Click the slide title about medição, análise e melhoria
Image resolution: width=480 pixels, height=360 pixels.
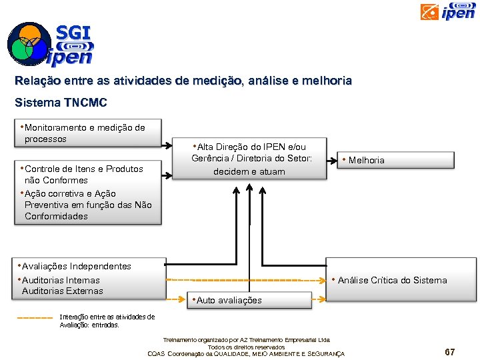183,81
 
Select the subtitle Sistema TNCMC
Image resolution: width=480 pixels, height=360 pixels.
61,103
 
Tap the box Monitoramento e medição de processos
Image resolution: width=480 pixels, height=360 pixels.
88,133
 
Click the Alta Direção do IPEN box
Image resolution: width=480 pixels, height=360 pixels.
249,159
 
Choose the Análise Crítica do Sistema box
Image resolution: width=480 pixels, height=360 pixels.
400,280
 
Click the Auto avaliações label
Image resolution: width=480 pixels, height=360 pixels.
229,301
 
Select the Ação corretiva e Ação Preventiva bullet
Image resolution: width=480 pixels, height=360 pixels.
87,205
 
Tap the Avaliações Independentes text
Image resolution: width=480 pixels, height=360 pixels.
76,266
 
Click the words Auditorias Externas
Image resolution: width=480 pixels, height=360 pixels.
63,291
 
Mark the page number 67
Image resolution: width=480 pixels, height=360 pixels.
450,351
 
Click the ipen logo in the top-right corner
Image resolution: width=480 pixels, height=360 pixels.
448,11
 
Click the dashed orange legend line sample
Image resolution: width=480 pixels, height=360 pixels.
33,317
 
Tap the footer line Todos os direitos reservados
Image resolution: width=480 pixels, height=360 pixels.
246,347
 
